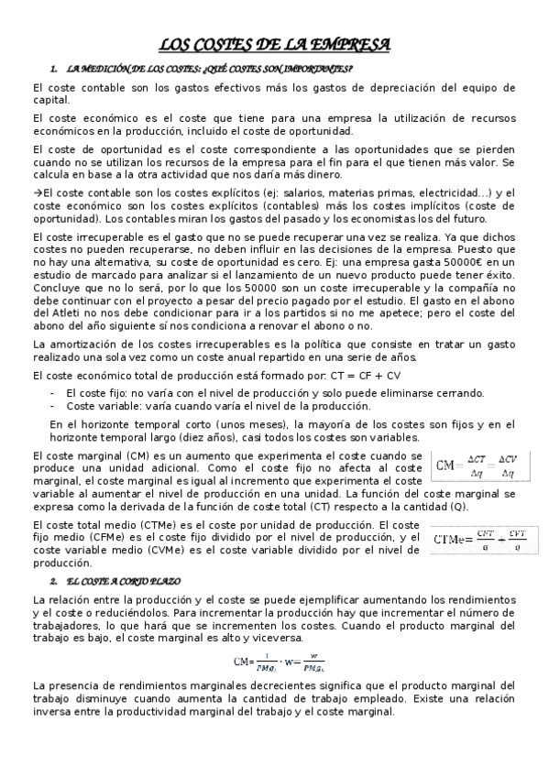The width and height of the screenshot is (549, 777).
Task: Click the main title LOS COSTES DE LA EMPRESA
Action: pos(274,44)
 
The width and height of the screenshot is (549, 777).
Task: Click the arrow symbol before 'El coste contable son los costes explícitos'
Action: pos(37,192)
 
